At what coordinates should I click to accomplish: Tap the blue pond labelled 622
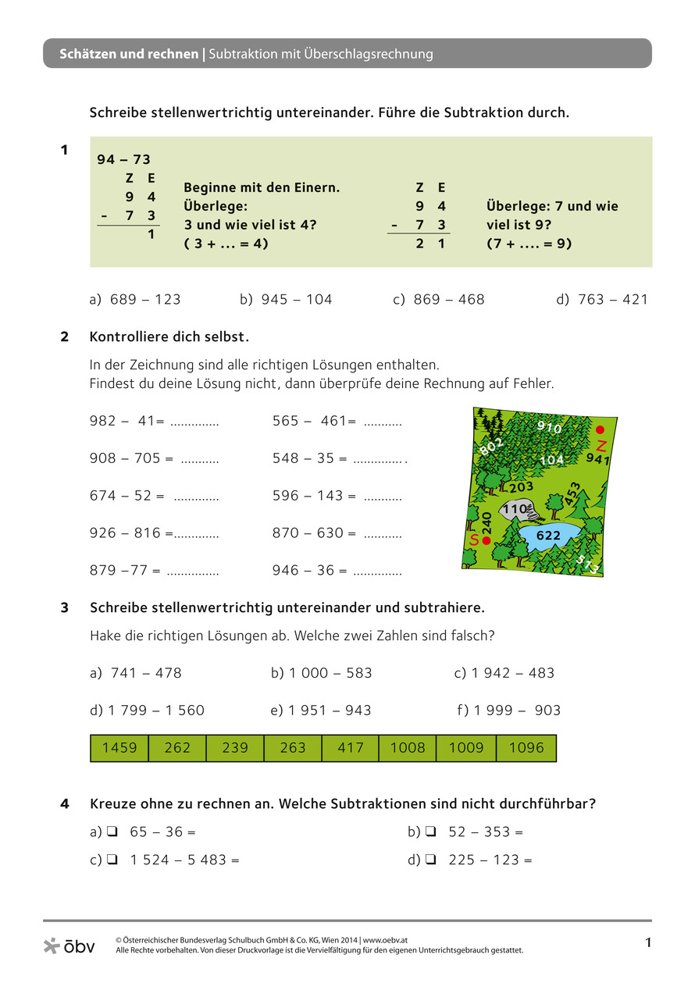548,536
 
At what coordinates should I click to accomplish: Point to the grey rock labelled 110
515,509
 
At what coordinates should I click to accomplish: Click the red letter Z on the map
601,446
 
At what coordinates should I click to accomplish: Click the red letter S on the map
473,540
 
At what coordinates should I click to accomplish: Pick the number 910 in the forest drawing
549,427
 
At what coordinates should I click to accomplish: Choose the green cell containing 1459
119,748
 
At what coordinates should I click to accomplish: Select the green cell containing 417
351,748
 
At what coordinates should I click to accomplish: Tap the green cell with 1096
526,748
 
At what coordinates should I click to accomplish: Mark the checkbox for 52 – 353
430,832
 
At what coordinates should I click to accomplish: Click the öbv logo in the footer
69,946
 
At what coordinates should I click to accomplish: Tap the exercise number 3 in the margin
65,607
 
